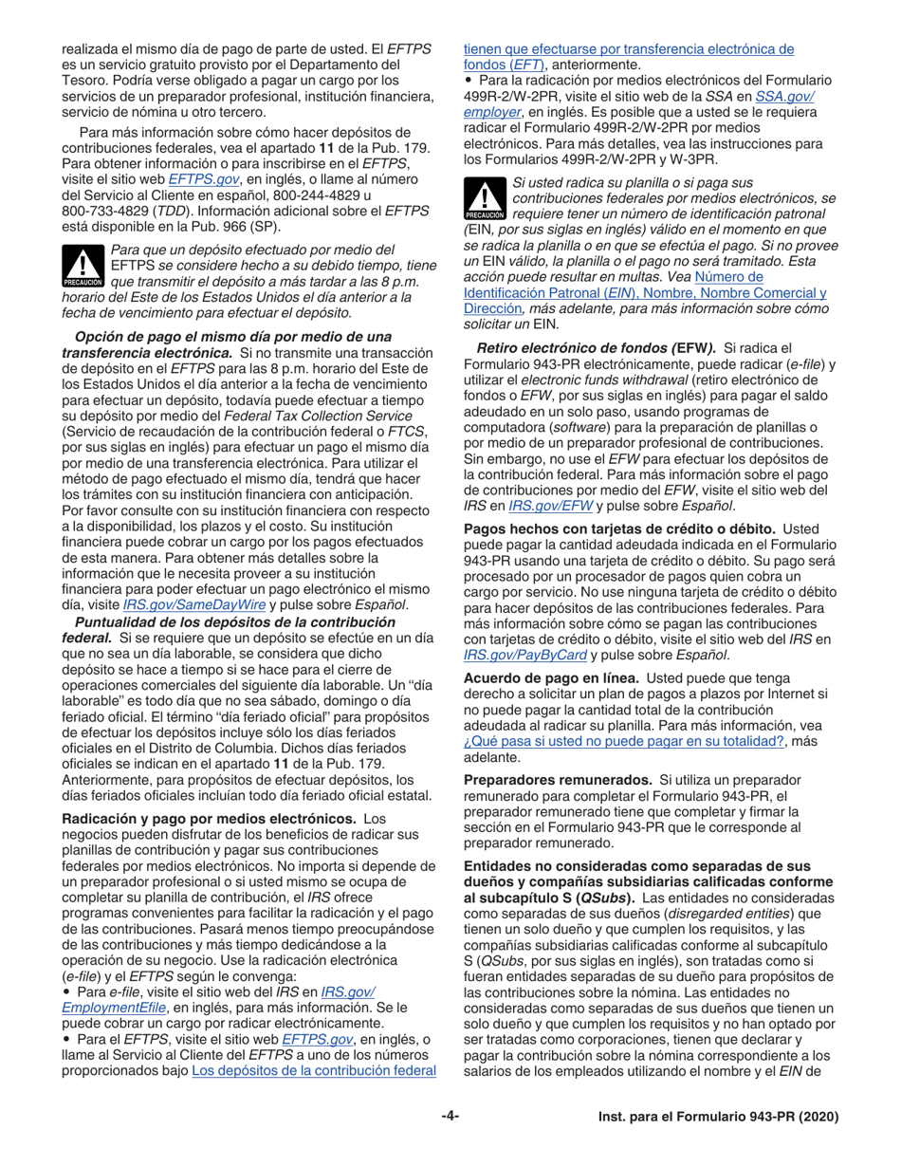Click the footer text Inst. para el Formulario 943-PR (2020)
718,1118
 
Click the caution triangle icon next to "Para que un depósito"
83,267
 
